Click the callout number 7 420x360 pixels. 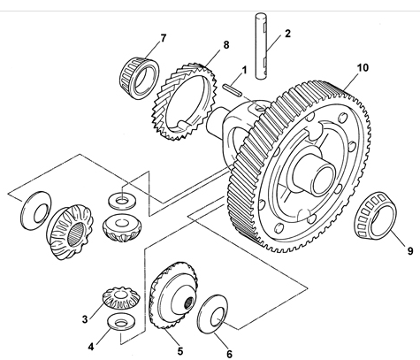click(163, 38)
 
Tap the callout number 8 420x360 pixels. click(226, 45)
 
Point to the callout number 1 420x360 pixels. click(244, 71)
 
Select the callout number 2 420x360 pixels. click(287, 34)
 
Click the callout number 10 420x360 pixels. click(363, 68)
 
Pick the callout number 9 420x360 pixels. click(410, 251)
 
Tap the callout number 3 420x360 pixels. click(85, 319)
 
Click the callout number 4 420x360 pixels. click(91, 347)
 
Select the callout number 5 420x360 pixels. click(180, 351)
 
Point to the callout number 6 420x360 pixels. click(229, 353)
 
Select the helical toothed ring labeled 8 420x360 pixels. click(184, 100)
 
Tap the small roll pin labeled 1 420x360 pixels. click(233, 90)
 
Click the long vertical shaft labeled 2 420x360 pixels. click(261, 46)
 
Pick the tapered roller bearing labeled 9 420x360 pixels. click(375, 215)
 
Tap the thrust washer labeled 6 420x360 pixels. click(213, 314)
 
